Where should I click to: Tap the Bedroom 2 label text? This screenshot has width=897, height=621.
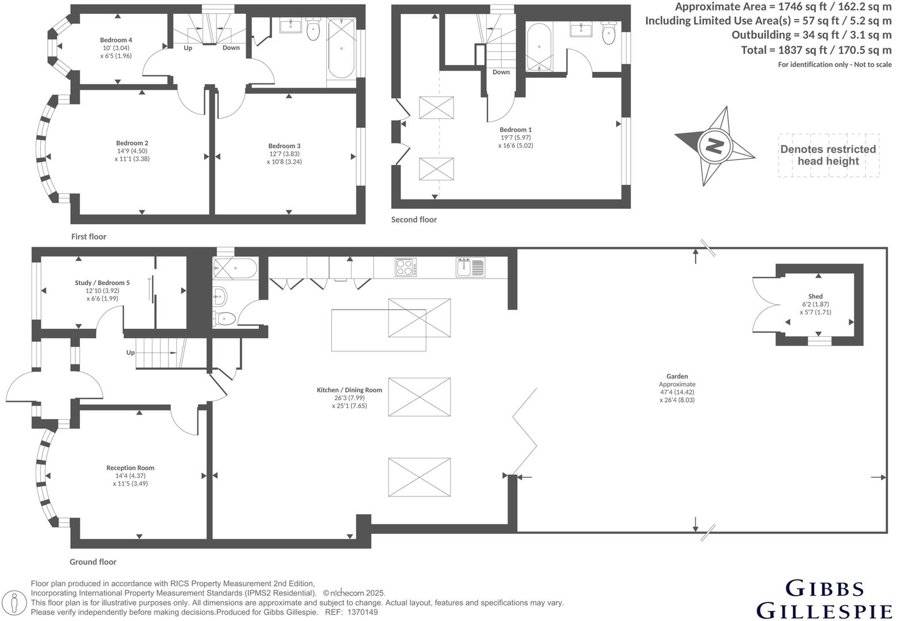click(132, 143)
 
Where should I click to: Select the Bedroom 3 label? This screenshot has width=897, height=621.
click(284, 146)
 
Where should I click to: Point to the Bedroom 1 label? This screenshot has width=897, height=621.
click(516, 130)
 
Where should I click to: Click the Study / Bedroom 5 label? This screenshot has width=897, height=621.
click(102, 283)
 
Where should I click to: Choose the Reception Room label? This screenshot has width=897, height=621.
click(131, 468)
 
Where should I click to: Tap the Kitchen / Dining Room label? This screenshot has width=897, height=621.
click(349, 390)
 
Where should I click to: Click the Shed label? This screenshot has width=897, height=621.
click(815, 297)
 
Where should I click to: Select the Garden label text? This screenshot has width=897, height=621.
click(677, 377)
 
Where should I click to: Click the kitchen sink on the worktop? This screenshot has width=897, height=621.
click(471, 267)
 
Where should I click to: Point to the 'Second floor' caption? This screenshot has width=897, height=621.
click(414, 220)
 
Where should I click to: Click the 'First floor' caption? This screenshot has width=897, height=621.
click(89, 237)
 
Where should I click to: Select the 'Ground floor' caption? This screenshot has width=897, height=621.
click(93, 562)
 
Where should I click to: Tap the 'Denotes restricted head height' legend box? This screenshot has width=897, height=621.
click(828, 155)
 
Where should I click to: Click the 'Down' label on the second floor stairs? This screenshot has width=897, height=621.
click(501, 72)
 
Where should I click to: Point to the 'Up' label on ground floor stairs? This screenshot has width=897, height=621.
click(131, 352)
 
